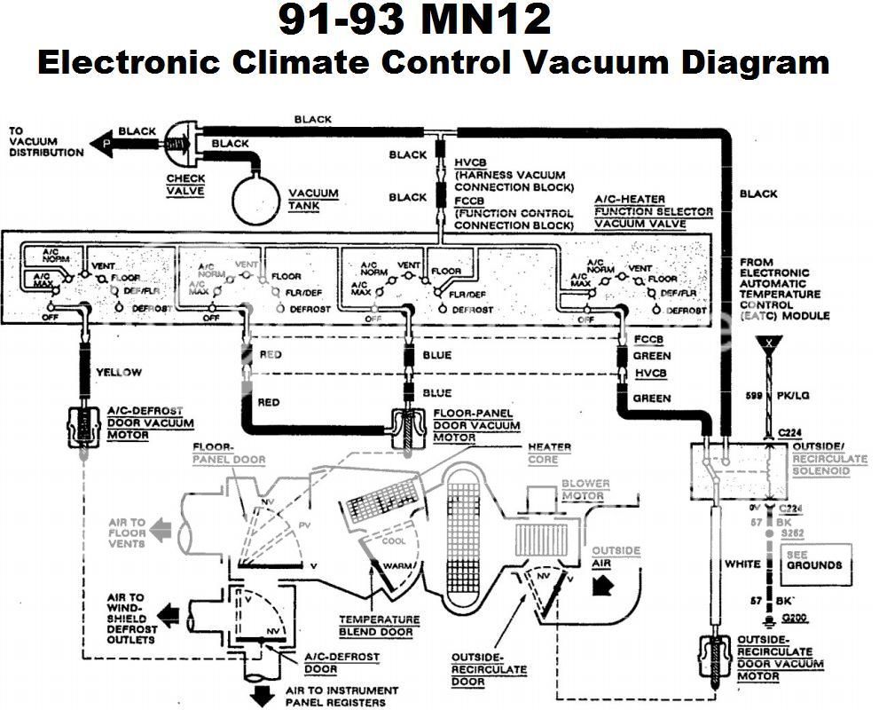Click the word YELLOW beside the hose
pyautogui.click(x=118, y=373)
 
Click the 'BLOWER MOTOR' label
pyautogui.click(x=586, y=490)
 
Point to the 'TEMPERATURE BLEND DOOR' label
pyautogui.click(x=379, y=626)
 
